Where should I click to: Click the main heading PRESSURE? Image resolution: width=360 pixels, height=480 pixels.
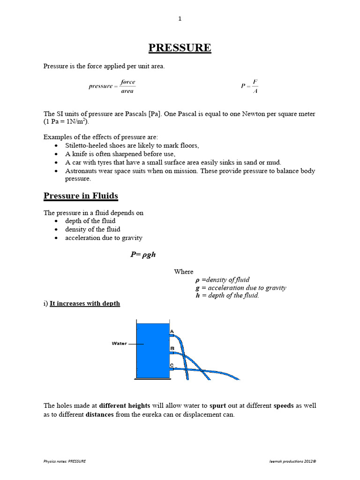point(180,48)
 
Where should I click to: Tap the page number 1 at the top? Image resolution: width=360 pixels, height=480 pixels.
point(180,19)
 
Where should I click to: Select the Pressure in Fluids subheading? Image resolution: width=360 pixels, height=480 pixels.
point(81,195)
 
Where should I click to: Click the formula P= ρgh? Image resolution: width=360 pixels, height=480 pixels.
point(142,255)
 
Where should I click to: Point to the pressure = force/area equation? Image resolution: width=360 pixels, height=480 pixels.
point(112,86)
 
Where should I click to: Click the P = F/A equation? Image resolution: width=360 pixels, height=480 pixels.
point(249,86)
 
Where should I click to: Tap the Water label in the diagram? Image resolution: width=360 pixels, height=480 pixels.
point(119,344)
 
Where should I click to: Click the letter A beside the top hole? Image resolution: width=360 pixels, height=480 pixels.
point(172,331)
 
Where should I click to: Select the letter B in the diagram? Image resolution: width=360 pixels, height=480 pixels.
point(172,348)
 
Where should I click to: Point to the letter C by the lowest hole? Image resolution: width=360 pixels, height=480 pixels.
point(172,365)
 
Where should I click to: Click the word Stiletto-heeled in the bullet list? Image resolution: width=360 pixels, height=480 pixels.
point(88,146)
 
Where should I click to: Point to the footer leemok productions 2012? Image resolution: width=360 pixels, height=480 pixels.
point(289,461)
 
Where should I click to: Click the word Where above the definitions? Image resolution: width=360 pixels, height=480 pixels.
point(183,271)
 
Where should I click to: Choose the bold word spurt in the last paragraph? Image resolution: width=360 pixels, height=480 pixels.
point(217,405)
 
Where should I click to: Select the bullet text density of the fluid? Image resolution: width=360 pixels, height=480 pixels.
point(93,229)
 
